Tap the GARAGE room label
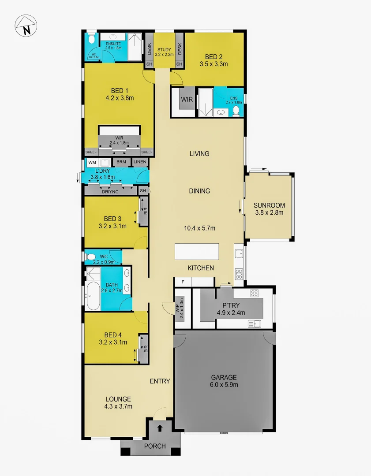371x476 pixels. tap(224, 377)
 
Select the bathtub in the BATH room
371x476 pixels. tap(93, 296)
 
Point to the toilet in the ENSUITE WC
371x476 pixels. tap(92, 40)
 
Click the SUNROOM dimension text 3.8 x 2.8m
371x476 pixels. tap(269, 212)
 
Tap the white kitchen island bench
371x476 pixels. tap(197, 252)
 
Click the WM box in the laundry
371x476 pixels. tap(92, 162)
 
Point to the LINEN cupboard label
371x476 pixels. tap(140, 162)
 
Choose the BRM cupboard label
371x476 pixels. tap(121, 162)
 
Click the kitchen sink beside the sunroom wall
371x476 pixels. tap(239, 253)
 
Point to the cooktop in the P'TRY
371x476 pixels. tap(254, 293)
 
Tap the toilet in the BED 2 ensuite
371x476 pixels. tap(237, 110)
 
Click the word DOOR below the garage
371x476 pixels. tap(224, 433)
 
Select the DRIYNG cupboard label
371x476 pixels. tap(110, 191)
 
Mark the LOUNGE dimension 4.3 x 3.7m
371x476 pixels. tap(118, 406)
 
